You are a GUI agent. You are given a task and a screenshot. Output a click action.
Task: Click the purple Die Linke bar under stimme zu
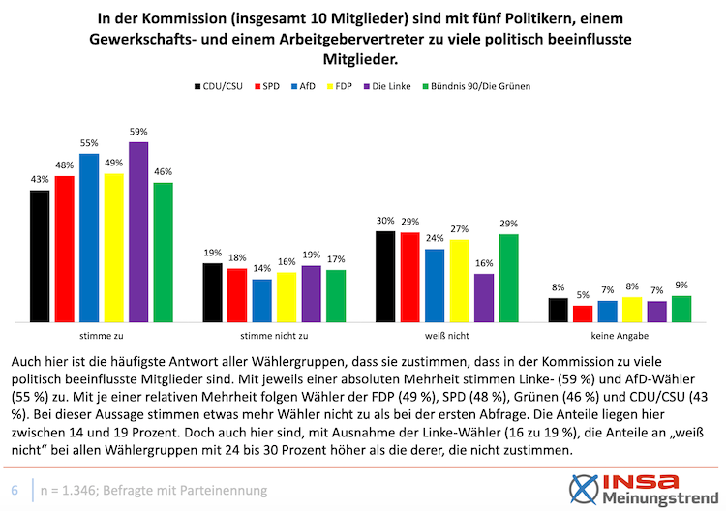tap(138, 232)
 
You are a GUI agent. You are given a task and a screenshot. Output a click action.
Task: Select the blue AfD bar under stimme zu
tap(89, 237)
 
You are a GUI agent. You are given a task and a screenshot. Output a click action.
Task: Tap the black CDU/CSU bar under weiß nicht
tap(384, 276)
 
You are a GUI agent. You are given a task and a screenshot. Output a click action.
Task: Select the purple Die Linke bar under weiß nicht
tap(484, 298)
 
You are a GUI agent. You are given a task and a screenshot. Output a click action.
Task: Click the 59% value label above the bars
tap(138, 133)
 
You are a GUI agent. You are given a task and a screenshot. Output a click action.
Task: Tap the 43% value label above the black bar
tap(40, 180)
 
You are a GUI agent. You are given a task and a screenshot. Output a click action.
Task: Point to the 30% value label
tap(384, 222)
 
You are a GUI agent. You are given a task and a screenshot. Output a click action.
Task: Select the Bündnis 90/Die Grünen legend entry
tap(478, 85)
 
